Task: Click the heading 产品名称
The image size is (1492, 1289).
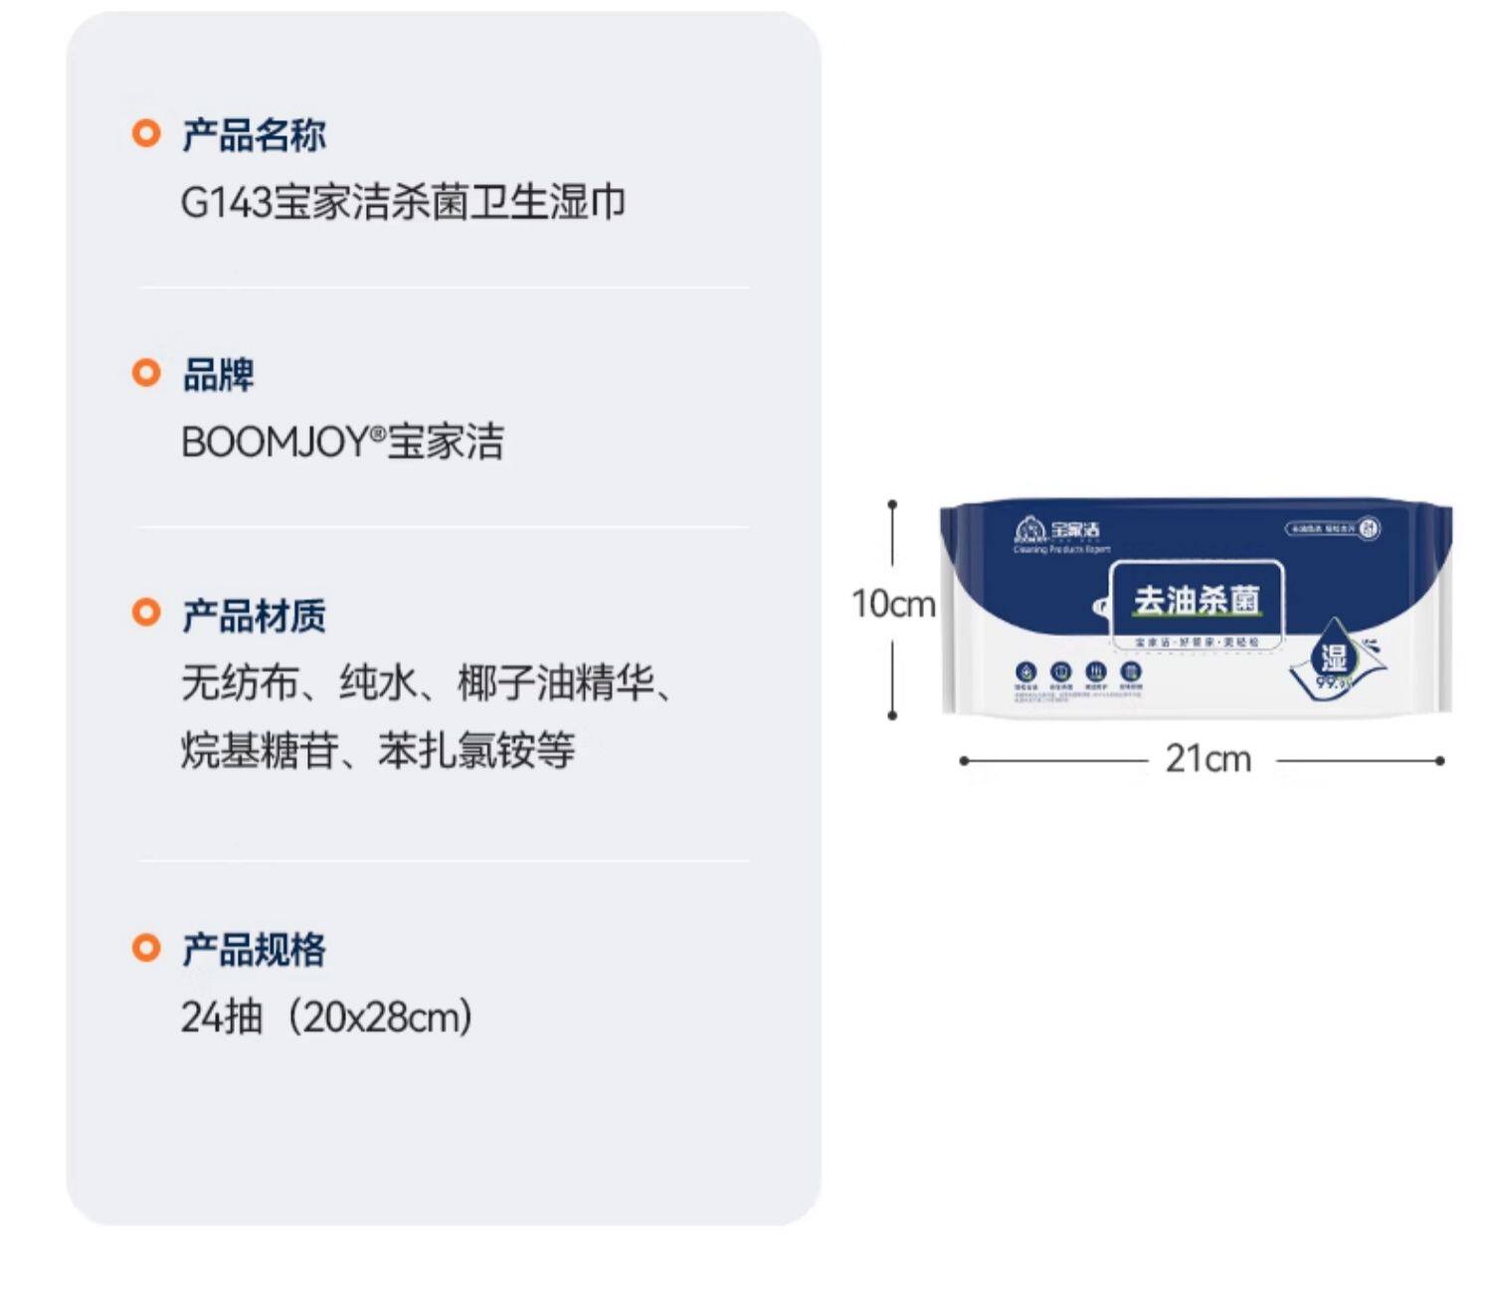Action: [x=254, y=134]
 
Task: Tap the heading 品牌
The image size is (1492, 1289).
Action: [x=218, y=375]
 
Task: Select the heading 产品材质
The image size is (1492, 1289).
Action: [x=254, y=616]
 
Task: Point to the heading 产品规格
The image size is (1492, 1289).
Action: [x=254, y=949]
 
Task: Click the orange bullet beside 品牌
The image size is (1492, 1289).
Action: [x=146, y=373]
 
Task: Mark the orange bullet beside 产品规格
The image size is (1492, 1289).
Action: [x=146, y=947]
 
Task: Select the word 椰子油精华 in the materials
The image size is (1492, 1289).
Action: [x=556, y=684]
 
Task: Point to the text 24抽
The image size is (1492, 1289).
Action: [x=221, y=1017]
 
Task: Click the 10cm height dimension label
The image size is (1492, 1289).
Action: [x=893, y=604]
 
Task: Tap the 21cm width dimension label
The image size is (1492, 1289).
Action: [x=1208, y=760]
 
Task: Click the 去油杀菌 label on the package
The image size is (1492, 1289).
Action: [x=1197, y=600]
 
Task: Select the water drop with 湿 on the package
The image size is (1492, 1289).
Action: [x=1333, y=656]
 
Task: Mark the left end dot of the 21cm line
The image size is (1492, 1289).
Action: [x=963, y=761]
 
